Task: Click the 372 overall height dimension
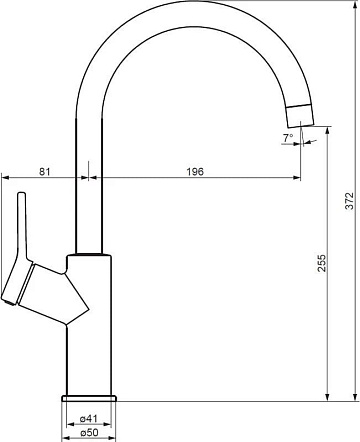pos(349,201)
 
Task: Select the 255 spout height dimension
pos(322,263)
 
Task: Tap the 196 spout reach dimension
pos(195,172)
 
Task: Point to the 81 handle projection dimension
pos(45,172)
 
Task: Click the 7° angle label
pos(288,137)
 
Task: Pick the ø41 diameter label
pos(88,418)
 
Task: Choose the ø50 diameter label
pos(89,433)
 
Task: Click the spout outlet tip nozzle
pos(300,116)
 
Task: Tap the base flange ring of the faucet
pos(89,398)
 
